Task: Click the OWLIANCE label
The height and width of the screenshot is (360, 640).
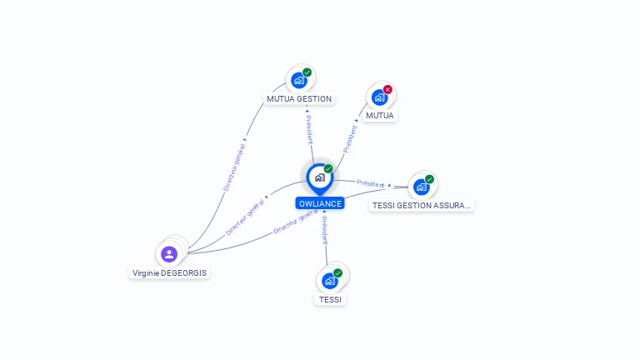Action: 320,203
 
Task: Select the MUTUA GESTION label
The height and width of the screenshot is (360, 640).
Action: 299,99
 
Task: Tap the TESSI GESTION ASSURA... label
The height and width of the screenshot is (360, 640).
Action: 421,205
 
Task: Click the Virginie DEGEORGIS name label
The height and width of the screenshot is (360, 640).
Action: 169,273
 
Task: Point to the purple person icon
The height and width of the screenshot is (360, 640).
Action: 169,254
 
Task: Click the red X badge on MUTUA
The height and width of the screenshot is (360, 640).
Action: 387,89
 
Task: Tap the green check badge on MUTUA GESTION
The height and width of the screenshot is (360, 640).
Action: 307,72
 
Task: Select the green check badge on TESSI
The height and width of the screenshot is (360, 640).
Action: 337,273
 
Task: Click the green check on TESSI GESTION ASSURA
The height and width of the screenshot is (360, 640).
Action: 429,179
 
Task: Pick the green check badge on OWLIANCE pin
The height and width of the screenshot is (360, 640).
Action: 328,168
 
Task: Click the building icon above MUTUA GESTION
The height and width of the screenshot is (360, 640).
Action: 299,80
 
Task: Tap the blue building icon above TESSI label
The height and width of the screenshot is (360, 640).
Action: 329,281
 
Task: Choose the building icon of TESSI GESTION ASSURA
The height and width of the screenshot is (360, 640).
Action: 421,187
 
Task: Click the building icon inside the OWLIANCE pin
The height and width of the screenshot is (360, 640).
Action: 320,177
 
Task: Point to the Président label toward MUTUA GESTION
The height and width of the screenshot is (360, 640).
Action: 309,130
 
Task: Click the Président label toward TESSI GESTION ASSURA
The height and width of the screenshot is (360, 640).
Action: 371,183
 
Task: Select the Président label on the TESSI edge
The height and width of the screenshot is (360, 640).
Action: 324,231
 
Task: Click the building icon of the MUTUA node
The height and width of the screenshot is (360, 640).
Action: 379,97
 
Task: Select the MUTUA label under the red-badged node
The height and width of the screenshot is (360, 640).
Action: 380,116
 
